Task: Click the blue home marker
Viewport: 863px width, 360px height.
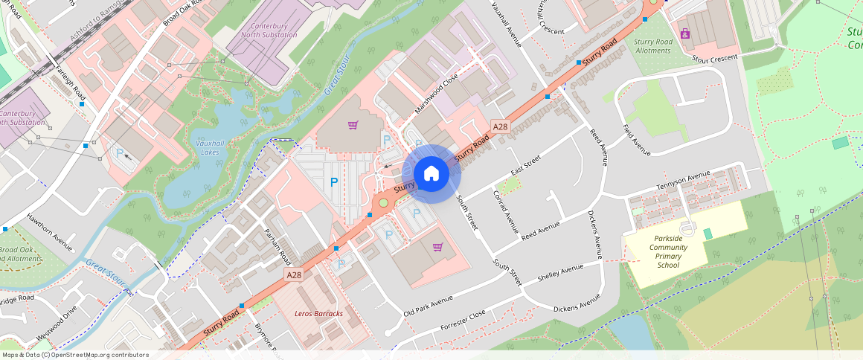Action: tap(431, 174)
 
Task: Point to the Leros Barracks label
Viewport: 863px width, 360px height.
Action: tap(318, 314)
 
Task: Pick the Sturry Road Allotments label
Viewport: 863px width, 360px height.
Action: tap(653, 46)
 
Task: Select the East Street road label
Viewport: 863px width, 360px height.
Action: tap(524, 167)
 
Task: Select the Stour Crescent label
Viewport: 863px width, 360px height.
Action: tap(714, 58)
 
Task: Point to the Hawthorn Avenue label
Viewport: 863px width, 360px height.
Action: tap(49, 231)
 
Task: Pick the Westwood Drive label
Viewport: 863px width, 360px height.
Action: tap(56, 324)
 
